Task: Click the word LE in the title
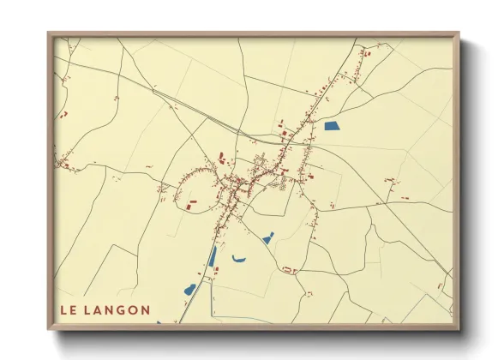(68, 310)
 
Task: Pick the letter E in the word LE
(74, 310)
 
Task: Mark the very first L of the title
(63, 310)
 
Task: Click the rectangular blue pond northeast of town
(332, 126)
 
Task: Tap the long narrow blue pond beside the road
(213, 256)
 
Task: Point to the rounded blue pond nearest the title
(190, 289)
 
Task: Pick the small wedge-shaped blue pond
(267, 238)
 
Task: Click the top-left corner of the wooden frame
(48, 33)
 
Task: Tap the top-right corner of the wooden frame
(459, 33)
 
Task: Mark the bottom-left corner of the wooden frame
(48, 329)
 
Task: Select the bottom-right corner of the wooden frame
(459, 329)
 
